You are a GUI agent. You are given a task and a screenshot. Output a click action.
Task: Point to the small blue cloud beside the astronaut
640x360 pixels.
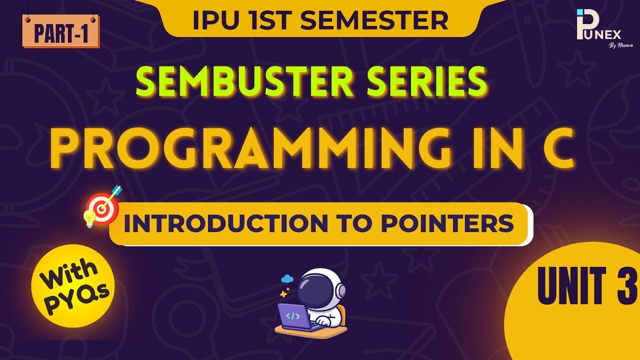coord(287,279)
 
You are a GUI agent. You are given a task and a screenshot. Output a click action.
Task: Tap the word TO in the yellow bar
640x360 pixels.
coord(357,224)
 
